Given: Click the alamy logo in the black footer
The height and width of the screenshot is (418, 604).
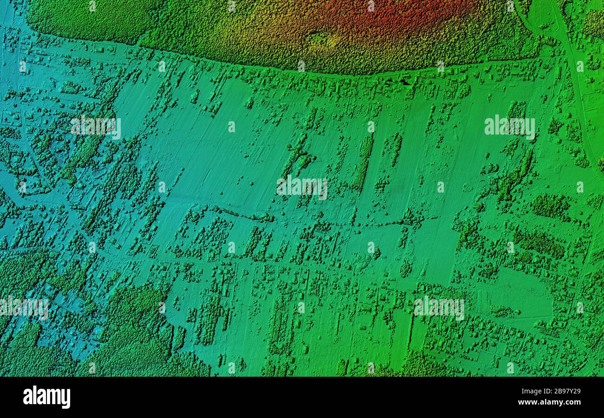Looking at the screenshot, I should point(46,398).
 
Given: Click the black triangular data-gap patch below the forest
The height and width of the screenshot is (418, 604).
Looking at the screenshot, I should point(405,82).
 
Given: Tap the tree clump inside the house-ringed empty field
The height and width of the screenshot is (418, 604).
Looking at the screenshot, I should point(504,311).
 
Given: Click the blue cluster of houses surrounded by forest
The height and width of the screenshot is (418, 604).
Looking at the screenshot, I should point(70,320).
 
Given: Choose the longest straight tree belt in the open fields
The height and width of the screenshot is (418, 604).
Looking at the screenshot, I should point(363,162).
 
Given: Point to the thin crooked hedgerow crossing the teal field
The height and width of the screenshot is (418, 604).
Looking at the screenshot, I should point(242,214).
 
